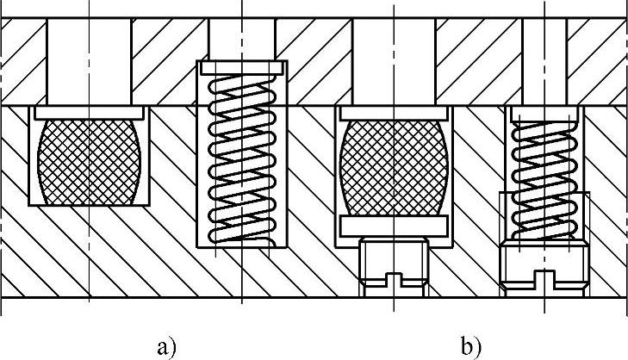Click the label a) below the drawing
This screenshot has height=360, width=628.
coord(167,348)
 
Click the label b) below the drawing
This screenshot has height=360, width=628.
coord(470,348)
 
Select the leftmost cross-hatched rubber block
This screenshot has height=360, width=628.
coord(89,161)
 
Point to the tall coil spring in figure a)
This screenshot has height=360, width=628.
coord(241,155)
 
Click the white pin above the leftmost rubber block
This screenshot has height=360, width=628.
coord(89,60)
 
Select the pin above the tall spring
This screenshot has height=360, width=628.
coord(242,38)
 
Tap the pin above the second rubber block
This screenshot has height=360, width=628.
coord(394,60)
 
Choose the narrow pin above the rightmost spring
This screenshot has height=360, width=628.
coord(544,60)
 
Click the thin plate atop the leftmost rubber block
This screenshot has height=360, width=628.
coord(89,111)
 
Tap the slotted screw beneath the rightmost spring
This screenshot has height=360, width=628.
coord(544,267)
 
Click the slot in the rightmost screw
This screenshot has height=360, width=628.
coord(544,280)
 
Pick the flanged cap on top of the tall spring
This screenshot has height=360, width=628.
coord(242,66)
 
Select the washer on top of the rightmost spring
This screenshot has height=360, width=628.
coord(544,113)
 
